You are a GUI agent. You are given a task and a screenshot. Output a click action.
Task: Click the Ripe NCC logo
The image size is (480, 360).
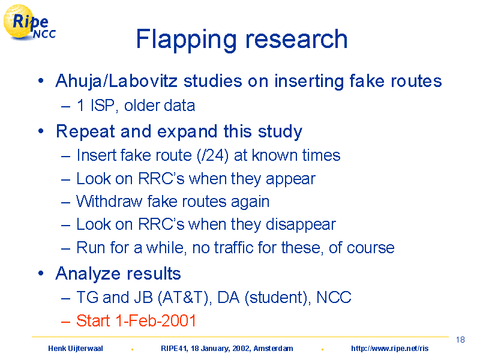[29, 23]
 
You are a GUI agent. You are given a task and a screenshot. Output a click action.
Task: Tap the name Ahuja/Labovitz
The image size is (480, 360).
[116, 82]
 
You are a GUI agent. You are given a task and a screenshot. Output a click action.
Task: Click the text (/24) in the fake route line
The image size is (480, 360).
[213, 155]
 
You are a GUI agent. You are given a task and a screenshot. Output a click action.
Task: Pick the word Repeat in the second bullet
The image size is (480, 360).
[85, 131]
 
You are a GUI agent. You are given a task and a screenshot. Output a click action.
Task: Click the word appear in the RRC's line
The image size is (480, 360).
[290, 179]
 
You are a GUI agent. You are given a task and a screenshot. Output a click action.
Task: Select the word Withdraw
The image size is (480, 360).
[109, 202]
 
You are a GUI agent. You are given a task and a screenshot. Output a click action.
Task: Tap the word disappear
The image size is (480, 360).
[301, 225]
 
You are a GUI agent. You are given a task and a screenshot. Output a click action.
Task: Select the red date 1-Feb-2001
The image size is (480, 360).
[155, 321]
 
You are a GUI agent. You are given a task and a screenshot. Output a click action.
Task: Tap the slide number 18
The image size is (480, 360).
[460, 340]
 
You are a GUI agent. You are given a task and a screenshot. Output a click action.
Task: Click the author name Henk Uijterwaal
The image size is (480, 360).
[76, 349]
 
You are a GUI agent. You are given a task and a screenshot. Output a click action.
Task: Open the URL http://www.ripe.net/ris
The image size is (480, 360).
[389, 349]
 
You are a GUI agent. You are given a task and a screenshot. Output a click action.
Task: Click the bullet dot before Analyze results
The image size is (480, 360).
[41, 273]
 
